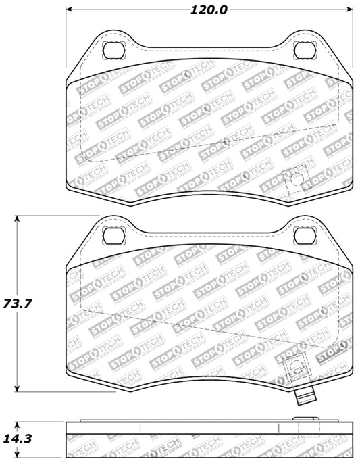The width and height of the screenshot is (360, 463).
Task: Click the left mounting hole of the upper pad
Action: click(112, 50)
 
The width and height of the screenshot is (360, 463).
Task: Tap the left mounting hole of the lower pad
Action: click(112, 235)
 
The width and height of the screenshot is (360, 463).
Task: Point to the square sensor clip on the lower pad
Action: click(295, 368)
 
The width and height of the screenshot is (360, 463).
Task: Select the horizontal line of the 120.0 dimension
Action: click(135, 10)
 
